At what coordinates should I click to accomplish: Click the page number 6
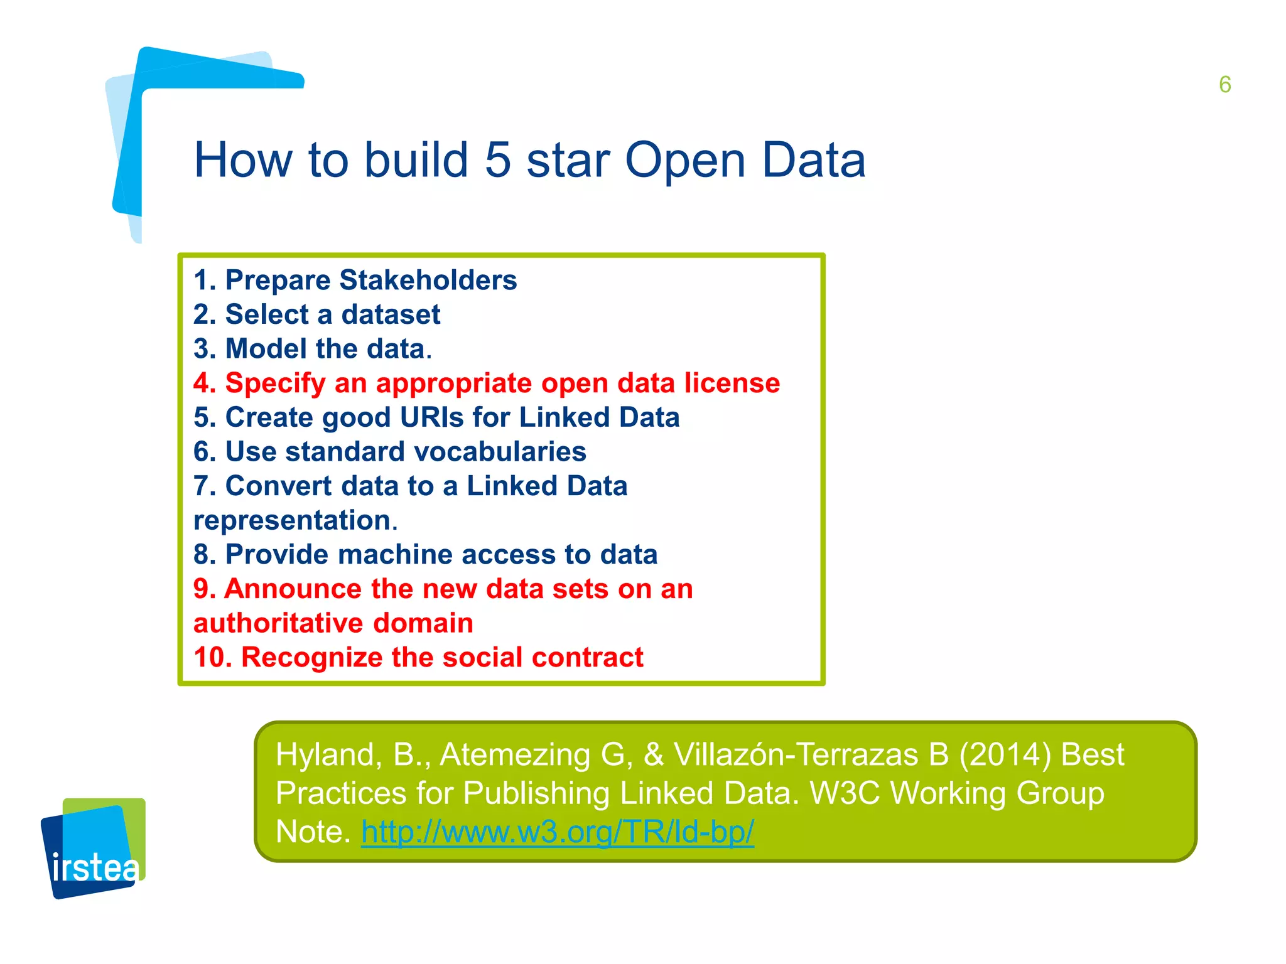(x=1224, y=85)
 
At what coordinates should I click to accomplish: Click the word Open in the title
(x=685, y=161)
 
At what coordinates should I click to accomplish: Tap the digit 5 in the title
(x=498, y=161)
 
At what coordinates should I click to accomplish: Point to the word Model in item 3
(x=266, y=349)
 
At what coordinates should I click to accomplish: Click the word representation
(x=293, y=521)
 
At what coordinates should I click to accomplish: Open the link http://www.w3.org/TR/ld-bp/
(x=557, y=832)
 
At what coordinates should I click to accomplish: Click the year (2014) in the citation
(x=1005, y=755)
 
